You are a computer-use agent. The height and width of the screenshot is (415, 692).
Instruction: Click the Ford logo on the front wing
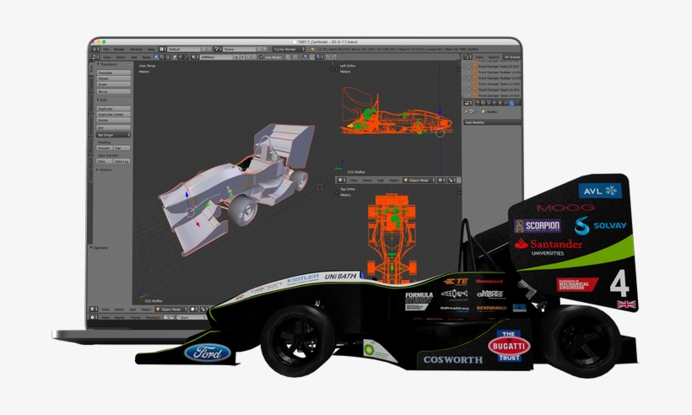pyautogui.click(x=208, y=352)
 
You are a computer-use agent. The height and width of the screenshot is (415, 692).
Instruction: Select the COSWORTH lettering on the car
pyautogui.click(x=453, y=359)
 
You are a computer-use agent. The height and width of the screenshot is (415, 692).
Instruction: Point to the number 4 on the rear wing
pyautogui.click(x=619, y=280)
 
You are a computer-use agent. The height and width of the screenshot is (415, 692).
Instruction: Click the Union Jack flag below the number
pyautogui.click(x=625, y=304)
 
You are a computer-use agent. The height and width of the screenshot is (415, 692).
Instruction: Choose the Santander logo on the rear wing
pyautogui.click(x=549, y=245)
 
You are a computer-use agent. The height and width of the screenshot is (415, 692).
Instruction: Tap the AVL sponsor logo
pyautogui.click(x=601, y=191)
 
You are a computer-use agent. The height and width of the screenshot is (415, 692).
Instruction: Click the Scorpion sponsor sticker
pyautogui.click(x=537, y=226)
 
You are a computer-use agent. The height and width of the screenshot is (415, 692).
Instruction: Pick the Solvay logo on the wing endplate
pyautogui.click(x=600, y=225)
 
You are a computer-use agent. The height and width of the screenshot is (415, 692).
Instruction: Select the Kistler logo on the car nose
pyautogui.click(x=301, y=278)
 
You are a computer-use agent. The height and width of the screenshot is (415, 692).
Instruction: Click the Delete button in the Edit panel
pyautogui.click(x=113, y=120)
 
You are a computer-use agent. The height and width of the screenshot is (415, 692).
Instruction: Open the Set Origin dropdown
pyautogui.click(x=113, y=134)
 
